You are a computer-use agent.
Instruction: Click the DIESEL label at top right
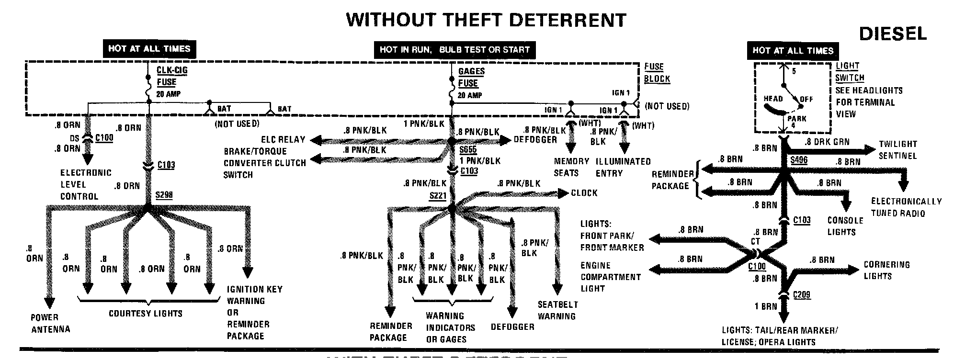point(893,33)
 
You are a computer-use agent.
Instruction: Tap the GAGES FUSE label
point(471,77)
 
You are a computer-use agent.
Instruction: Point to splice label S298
point(164,195)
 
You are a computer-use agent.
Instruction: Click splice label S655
point(467,150)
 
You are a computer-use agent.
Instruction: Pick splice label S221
point(438,196)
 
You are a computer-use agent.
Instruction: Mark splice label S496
point(799,160)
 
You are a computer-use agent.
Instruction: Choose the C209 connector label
point(802,294)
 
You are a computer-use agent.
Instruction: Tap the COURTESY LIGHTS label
point(146,314)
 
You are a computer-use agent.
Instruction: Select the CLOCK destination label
point(584,193)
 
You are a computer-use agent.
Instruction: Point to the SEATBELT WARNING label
point(557,310)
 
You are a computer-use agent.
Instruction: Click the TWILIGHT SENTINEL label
point(897,149)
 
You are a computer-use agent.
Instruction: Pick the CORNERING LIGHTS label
point(886,270)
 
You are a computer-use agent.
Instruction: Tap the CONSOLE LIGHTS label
point(845,226)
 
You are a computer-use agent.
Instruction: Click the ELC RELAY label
point(283,140)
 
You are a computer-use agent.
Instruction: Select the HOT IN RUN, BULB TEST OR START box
point(454,49)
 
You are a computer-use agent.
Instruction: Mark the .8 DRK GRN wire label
point(827,142)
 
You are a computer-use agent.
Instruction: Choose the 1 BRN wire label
point(766,306)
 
